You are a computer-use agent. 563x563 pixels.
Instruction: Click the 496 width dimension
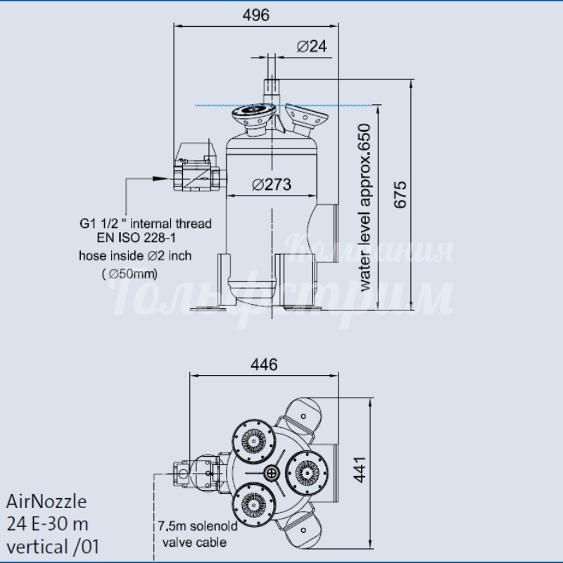(255, 15)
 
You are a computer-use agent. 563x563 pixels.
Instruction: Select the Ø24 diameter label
(312, 46)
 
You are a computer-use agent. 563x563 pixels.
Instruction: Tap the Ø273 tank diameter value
(272, 184)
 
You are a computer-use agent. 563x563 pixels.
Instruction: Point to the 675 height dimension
(400, 194)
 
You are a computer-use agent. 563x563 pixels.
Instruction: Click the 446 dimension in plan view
(264, 365)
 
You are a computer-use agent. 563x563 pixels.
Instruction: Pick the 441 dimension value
(360, 469)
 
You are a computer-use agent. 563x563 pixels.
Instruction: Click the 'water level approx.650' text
(365, 208)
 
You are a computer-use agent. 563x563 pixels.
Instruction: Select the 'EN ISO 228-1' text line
(136, 238)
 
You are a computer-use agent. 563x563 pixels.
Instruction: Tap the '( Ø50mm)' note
(129, 274)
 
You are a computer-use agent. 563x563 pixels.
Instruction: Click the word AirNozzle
(46, 501)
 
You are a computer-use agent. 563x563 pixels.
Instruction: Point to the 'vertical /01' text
(53, 548)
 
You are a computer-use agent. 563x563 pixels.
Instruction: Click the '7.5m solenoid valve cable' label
(197, 534)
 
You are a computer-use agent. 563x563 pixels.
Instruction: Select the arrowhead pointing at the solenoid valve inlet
(160, 179)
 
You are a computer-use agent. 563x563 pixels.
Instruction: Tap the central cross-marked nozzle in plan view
(272, 472)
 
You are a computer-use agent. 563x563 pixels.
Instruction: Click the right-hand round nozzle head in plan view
(307, 472)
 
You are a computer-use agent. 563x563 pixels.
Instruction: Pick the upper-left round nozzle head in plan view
(254, 441)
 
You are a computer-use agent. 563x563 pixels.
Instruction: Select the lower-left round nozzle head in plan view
(254, 505)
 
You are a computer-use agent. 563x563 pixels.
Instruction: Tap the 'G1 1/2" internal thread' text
(146, 224)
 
